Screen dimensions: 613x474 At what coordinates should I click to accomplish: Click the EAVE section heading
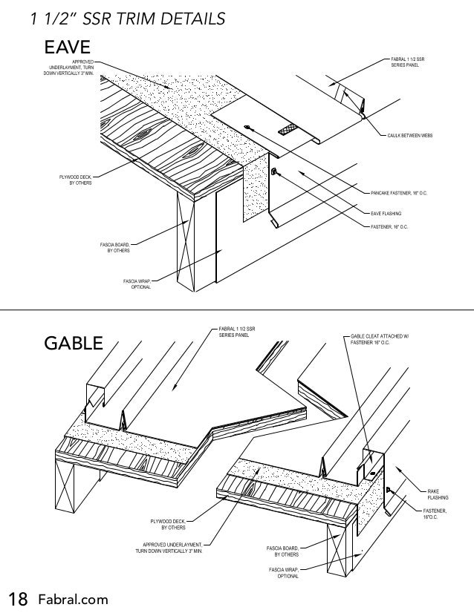click(68, 47)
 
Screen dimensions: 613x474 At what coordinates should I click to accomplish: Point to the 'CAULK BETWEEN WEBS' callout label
click(410, 136)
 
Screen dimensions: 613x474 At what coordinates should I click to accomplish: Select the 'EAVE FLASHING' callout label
click(386, 213)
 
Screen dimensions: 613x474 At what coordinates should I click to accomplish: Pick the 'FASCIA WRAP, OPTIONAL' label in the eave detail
click(137, 283)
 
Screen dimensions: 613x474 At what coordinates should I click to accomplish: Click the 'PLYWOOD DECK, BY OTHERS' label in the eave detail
click(76, 180)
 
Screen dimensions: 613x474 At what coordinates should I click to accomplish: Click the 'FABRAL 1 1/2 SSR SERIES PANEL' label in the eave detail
click(408, 62)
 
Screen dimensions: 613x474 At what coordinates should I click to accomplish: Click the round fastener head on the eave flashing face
click(275, 172)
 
